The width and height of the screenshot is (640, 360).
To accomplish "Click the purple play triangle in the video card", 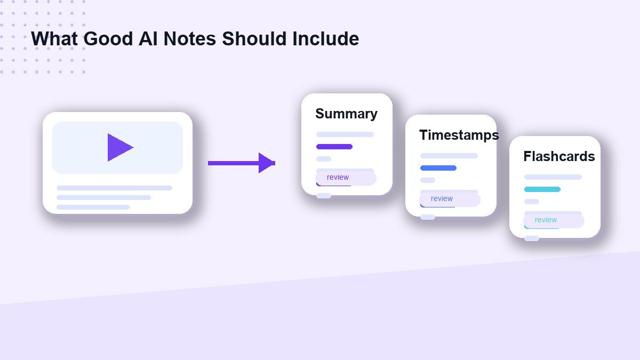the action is [118, 147].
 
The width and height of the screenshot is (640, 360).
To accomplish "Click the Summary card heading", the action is [346, 114].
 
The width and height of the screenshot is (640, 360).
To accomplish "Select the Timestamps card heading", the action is [459, 135].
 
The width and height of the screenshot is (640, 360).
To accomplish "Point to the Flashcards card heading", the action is [559, 156].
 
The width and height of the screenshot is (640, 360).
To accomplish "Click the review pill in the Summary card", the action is [346, 178].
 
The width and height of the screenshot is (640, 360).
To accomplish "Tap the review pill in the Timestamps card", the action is [450, 199].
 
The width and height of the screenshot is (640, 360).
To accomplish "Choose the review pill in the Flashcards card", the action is [554, 221].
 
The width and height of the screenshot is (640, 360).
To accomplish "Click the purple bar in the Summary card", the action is [334, 147].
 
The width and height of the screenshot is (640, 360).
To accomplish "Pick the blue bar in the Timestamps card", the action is [438, 168].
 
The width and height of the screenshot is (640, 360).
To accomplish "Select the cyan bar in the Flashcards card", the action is [542, 189].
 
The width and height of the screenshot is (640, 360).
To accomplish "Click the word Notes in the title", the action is [190, 38].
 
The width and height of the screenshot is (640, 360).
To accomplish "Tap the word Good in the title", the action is [108, 38].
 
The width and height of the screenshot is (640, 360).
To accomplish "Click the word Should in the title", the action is [254, 38].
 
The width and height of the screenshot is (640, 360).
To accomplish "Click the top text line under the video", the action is [114, 188].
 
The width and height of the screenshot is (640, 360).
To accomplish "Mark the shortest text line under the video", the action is [93, 207].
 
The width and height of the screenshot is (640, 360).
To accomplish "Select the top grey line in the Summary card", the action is [345, 134].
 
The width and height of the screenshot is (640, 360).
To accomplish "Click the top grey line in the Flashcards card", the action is [553, 177].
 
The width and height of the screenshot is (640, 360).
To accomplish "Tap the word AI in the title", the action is [148, 38].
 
